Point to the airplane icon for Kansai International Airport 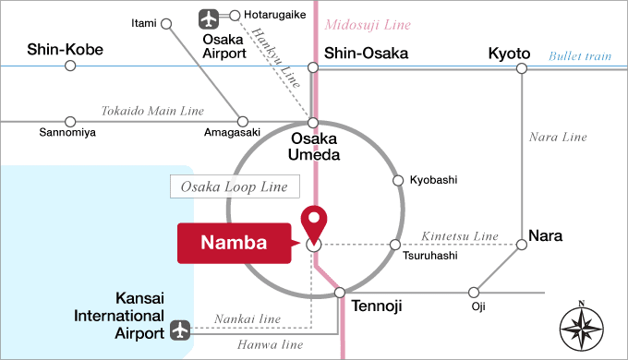pos(180,329)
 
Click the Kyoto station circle pos(522,66)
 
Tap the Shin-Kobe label pos(65,50)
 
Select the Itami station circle pos(166,25)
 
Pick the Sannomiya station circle pos(70,121)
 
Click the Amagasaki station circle pos(243,121)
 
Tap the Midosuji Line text pos(366,25)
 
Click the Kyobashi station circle pos(398,180)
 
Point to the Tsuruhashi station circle pos(394,245)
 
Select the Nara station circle pos(522,245)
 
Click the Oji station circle pos(475,292)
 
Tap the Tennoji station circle pos(340,292)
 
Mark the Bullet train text pos(580,56)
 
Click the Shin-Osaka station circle pos(314,66)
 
